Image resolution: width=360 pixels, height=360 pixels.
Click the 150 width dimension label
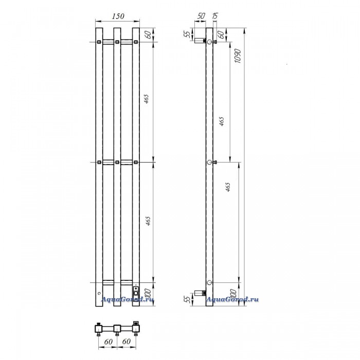click(118, 16)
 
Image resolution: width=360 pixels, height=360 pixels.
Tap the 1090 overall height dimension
click(237, 56)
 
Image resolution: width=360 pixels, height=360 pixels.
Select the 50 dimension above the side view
click(201, 16)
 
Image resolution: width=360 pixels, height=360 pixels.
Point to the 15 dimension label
click(215, 16)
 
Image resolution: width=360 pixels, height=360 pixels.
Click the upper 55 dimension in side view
click(188, 34)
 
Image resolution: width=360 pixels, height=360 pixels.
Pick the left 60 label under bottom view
click(109, 341)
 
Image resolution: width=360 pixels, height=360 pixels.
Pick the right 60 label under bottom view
click(127, 341)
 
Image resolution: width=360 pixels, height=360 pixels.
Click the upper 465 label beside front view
click(147, 99)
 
